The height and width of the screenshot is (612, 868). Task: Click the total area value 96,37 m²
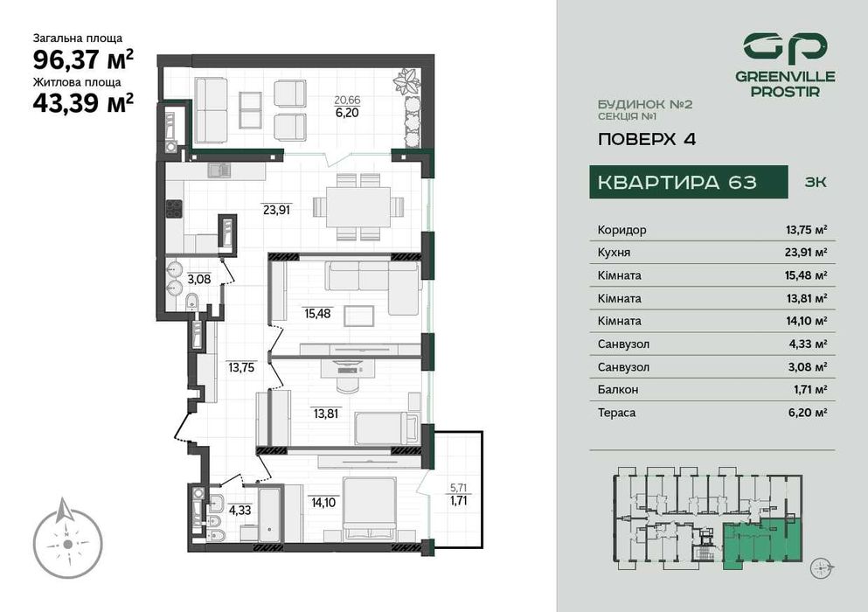click(83, 59)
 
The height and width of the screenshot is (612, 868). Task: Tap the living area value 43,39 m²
click(83, 102)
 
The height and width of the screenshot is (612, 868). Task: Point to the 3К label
click(814, 183)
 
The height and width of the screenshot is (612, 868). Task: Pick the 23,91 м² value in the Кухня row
click(806, 253)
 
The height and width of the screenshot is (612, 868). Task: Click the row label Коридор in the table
click(622, 230)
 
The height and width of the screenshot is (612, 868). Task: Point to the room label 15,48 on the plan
click(317, 313)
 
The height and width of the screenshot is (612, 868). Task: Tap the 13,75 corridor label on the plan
click(240, 368)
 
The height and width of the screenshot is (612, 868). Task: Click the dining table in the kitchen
click(359, 207)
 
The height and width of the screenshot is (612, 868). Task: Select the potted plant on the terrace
click(406, 82)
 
